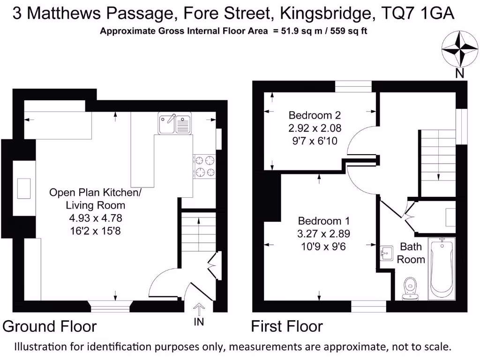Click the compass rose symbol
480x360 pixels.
coord(459,50)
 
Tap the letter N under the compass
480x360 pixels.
coord(460,73)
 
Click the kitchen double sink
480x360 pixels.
coord(174,124)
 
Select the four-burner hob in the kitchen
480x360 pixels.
coord(205,166)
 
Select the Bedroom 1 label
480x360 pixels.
coord(324,221)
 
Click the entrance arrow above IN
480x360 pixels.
coord(199,308)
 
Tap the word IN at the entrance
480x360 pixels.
coord(199,322)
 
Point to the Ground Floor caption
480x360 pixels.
coord(50,326)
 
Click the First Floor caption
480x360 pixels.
coord(287,326)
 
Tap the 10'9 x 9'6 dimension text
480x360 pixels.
coord(324,246)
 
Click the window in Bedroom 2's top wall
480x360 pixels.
coord(353,86)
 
